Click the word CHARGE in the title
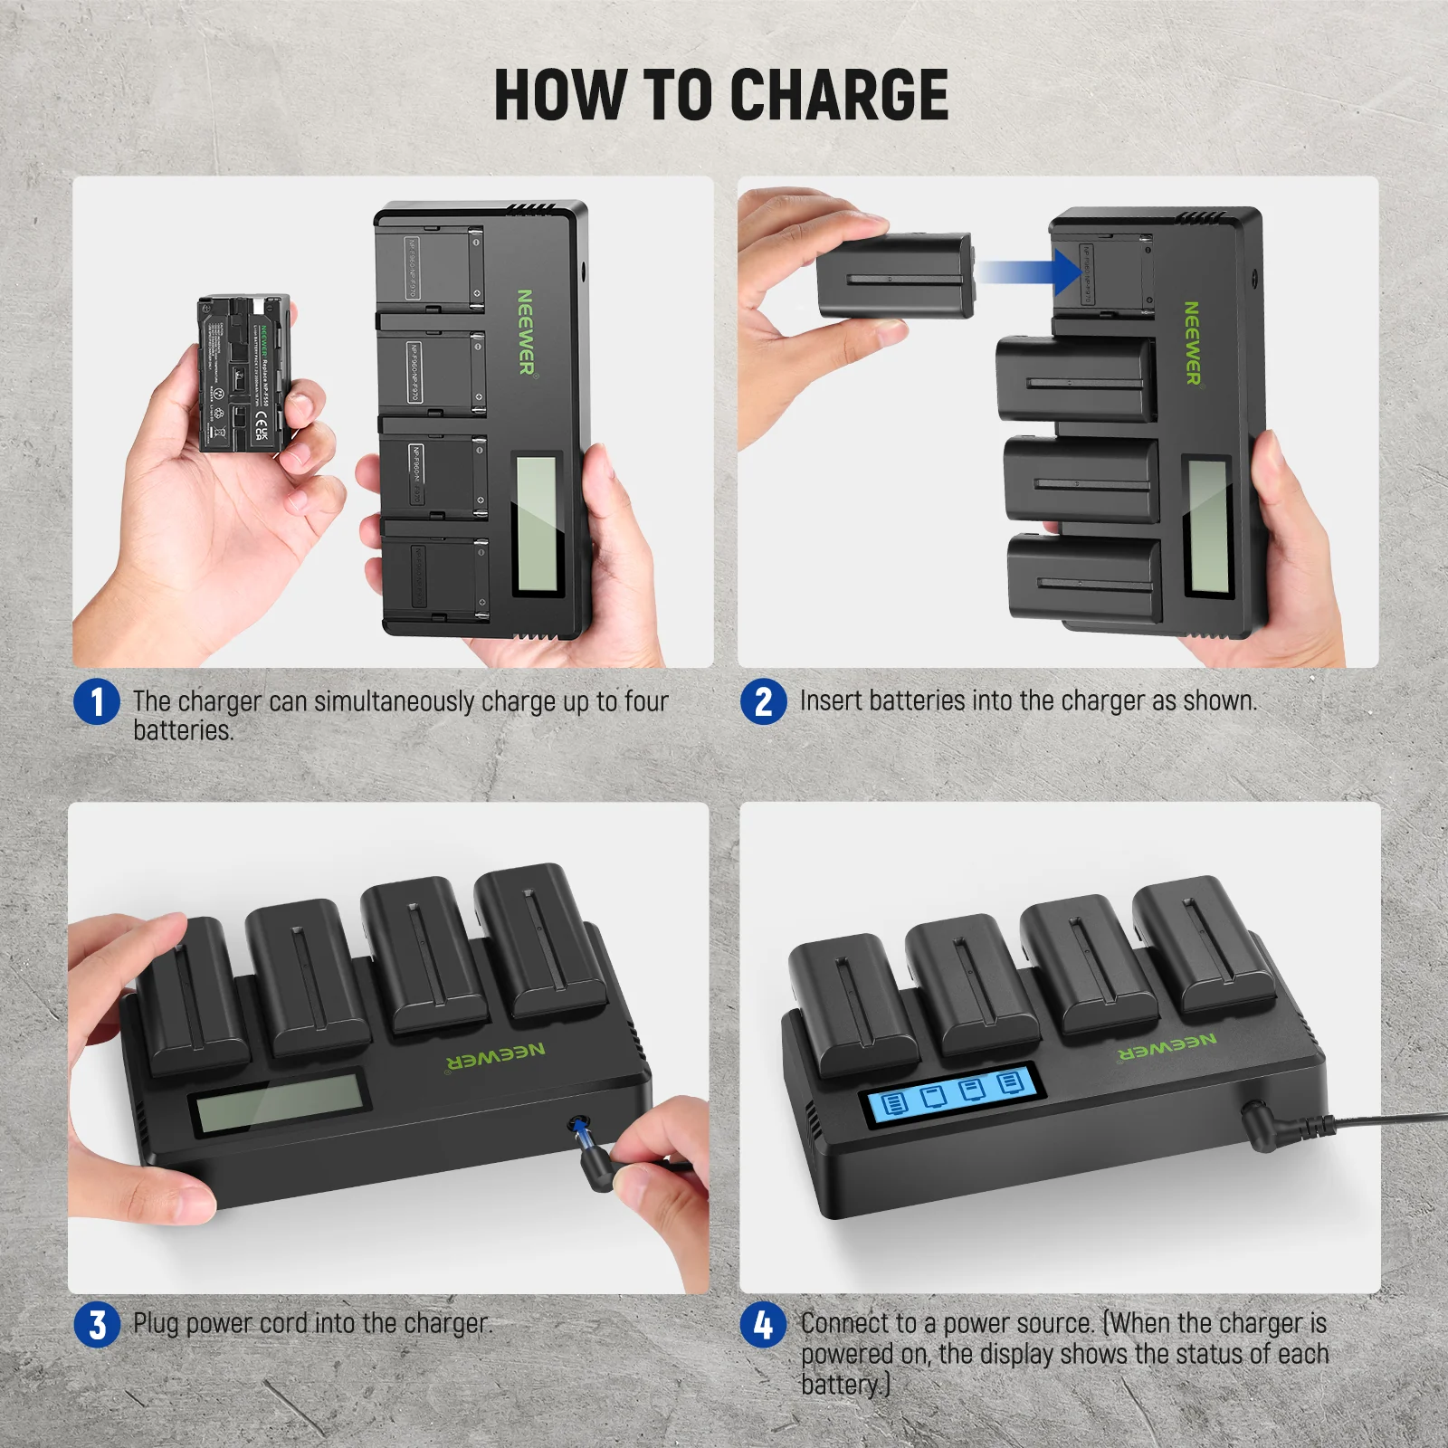point(838,95)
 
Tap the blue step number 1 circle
point(97,702)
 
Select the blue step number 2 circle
point(763,702)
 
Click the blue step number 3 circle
point(97,1325)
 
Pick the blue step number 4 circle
point(763,1325)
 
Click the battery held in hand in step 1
point(241,373)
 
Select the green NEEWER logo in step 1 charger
point(525,332)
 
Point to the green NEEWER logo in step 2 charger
point(1193,343)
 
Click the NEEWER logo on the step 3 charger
point(496,1055)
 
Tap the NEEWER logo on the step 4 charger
point(1167,1047)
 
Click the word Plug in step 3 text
point(156,1324)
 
